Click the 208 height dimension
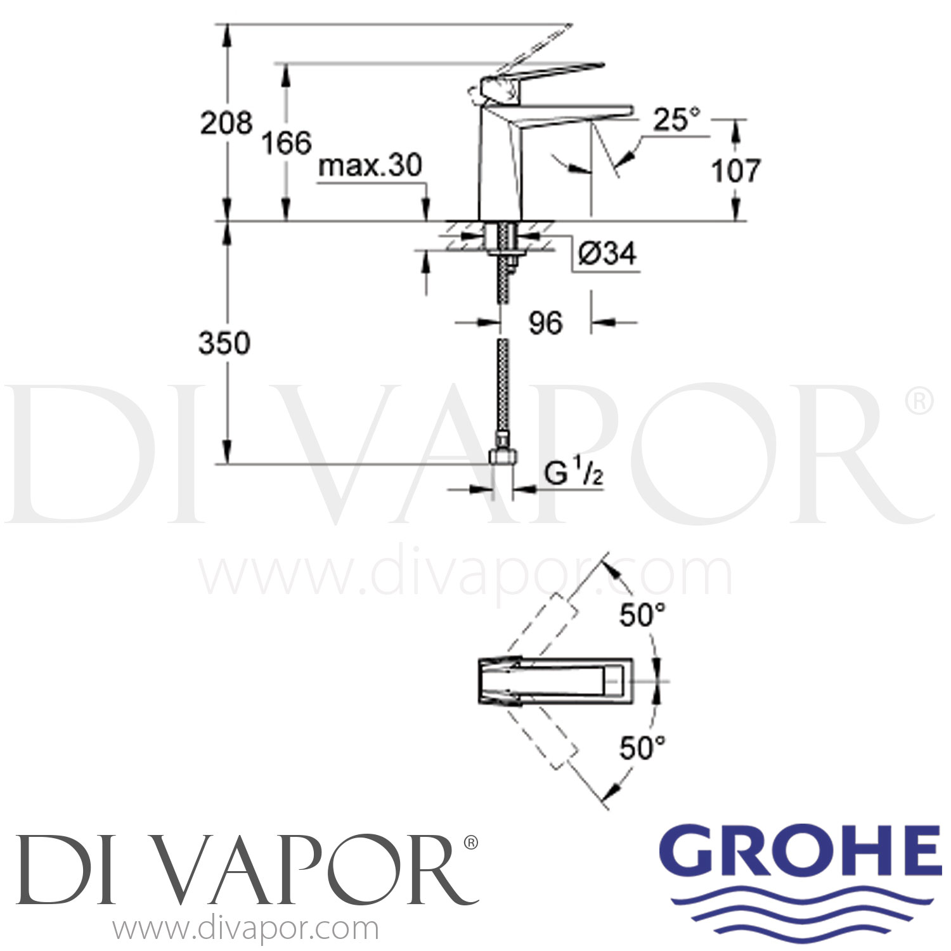[x=226, y=122]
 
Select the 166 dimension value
[x=287, y=143]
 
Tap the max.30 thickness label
[x=370, y=165]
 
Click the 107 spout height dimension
[x=735, y=171]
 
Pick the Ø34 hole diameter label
[x=607, y=254]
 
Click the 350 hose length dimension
[x=224, y=343]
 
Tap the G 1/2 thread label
[x=574, y=474]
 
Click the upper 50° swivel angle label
[x=642, y=615]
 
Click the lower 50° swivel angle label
[x=642, y=748]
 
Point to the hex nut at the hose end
[x=504, y=456]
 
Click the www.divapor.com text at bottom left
[x=245, y=929]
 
